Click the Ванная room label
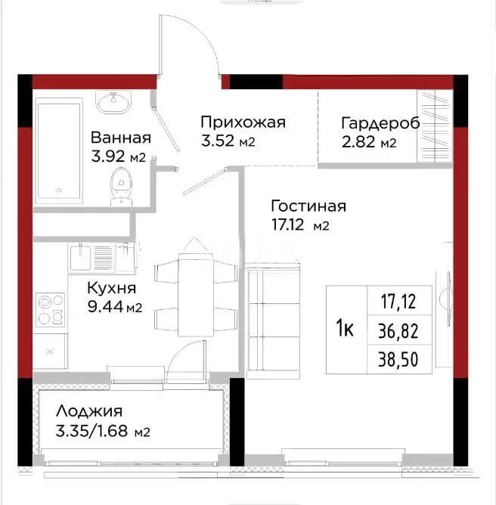coord(120,138)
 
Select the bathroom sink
coord(114,101)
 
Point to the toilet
coord(120,185)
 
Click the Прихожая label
coord(243,122)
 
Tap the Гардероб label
coord(380,123)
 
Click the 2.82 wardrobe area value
coord(359,142)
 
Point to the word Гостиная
coord(308,206)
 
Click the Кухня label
coord(111,287)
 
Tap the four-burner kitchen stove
coord(50,308)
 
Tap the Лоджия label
coord(88,413)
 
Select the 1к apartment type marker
coord(345,329)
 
